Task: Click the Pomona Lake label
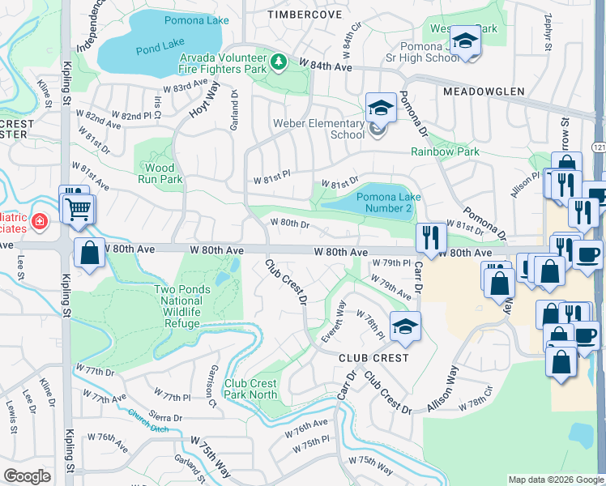coord(195,19)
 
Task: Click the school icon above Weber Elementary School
coord(379,106)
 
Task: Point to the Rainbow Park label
coord(445,151)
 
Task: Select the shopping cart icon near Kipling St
coord(79,208)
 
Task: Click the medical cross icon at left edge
coord(38,220)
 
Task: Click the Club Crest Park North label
coord(250,389)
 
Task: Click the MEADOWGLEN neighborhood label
coord(484,92)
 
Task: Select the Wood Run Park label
coord(156,173)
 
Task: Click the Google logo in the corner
coord(27,475)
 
